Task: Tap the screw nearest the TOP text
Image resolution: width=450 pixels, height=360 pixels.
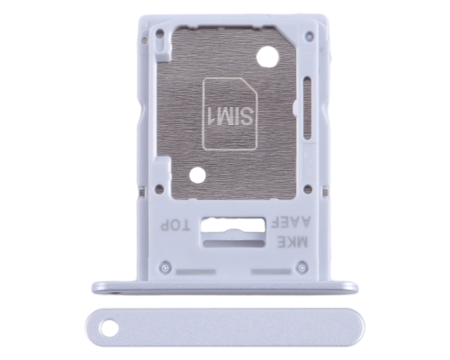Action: pyautogui.click(x=164, y=267)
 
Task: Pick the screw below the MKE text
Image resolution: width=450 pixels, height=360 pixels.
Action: pyautogui.click(x=302, y=267)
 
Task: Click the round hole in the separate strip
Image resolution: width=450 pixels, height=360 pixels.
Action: pyautogui.click(x=109, y=328)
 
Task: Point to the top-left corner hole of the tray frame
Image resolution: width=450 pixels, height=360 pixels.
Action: pyautogui.click(x=159, y=35)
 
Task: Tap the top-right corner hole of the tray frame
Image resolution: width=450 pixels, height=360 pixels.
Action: pyautogui.click(x=308, y=35)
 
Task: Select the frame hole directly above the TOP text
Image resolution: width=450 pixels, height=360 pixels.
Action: pyautogui.click(x=159, y=189)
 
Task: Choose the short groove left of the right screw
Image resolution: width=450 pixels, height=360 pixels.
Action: pyautogui.click(x=267, y=268)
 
